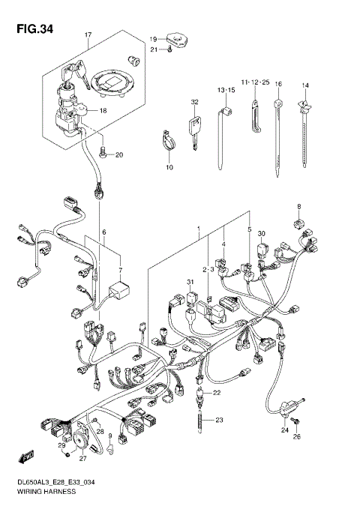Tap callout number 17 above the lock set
88,35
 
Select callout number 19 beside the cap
151,38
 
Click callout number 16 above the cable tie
277,84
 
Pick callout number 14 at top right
305,85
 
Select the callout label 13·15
226,90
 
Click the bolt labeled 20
103,154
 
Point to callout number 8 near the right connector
298,206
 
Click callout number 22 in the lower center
217,394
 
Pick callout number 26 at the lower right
295,437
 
